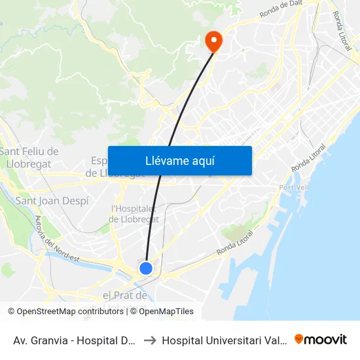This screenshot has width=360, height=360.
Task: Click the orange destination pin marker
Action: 213,41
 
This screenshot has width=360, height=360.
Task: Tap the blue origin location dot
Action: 146,268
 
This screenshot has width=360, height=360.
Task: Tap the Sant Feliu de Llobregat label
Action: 29,158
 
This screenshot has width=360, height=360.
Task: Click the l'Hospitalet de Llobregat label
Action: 134,214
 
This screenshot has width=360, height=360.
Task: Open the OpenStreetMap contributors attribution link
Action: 70,312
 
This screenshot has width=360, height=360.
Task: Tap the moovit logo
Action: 321,340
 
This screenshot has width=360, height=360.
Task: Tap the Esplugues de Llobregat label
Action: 98,167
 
